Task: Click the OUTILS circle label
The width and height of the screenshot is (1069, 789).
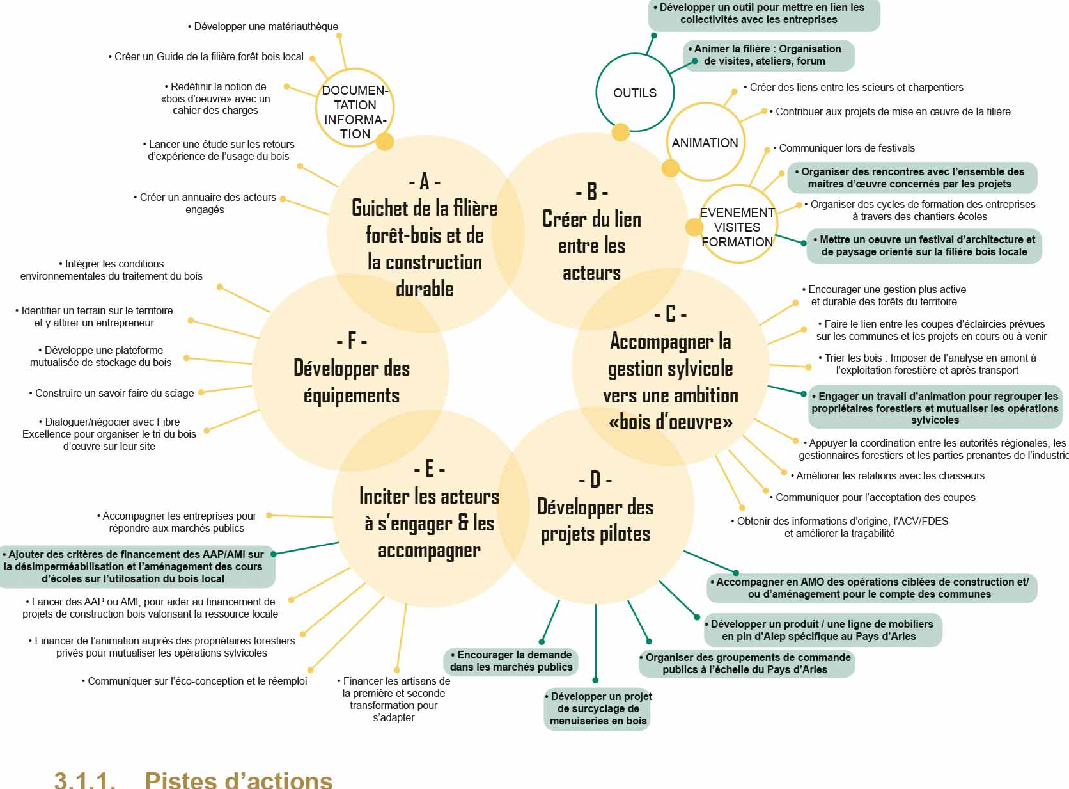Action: [634, 93]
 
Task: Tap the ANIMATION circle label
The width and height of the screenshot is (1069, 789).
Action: [705, 143]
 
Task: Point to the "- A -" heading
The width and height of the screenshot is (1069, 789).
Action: [425, 182]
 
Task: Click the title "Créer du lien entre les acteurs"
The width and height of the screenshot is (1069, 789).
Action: [591, 246]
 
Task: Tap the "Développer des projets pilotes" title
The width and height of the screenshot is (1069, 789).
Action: [595, 520]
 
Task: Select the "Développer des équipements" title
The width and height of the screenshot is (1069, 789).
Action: [352, 381]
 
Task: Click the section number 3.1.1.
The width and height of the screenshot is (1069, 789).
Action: [85, 780]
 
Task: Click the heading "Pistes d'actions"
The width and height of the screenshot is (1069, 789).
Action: [238, 780]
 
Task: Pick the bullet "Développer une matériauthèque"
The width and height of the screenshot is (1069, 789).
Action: [265, 27]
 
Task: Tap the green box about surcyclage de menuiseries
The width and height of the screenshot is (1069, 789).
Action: [598, 708]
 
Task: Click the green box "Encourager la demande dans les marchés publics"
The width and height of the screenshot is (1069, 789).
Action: [511, 661]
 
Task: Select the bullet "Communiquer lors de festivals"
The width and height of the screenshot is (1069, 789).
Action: [846, 148]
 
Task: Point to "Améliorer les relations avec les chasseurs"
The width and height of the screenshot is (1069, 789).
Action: [889, 476]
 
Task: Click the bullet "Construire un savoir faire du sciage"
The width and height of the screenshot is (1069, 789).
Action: [114, 394]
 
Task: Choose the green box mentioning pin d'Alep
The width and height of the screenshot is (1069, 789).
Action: [822, 630]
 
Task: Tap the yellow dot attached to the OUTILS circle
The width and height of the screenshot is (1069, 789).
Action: [620, 132]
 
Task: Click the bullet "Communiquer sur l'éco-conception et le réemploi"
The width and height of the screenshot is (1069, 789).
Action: [196, 681]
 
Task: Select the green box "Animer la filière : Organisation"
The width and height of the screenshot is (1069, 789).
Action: [767, 55]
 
